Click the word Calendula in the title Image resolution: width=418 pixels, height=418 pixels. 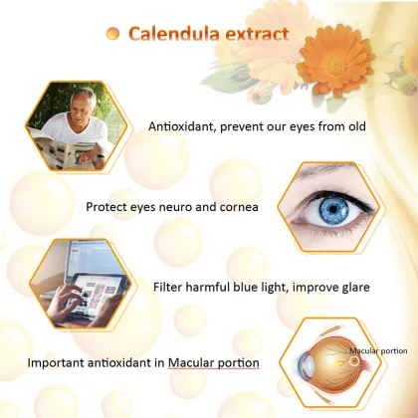coord(174,34)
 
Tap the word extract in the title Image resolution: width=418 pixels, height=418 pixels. coord(257,35)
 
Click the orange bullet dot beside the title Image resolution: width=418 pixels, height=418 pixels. coord(112,34)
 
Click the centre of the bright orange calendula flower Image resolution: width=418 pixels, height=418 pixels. coord(335,62)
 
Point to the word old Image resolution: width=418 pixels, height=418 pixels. coord(356,126)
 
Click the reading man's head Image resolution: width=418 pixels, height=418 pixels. coord(84,103)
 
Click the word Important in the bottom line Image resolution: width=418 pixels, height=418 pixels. coord(56,363)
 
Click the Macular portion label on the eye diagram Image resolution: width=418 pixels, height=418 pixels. coord(378,350)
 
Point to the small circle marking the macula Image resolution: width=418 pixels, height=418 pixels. coord(354,361)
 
